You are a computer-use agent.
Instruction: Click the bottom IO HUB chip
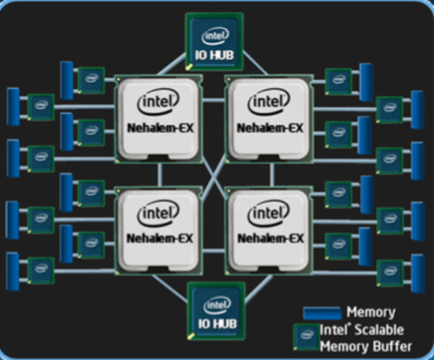tap(216, 310)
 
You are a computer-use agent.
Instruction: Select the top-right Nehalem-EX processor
tap(269, 119)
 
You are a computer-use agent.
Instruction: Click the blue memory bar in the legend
tap(323, 312)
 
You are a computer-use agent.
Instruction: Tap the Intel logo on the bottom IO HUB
tap(216, 304)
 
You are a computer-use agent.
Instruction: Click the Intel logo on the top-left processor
tap(157, 103)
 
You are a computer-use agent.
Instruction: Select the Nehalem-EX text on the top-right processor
tap(270, 127)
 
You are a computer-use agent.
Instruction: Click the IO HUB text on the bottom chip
tap(216, 322)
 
